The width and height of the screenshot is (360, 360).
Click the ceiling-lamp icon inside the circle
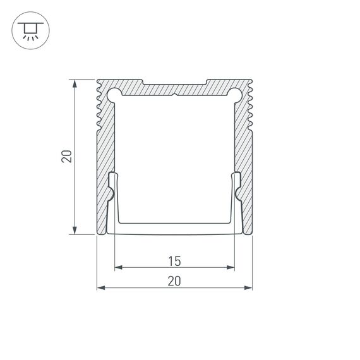click(x=29, y=30)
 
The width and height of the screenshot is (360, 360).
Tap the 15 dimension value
click(x=174, y=260)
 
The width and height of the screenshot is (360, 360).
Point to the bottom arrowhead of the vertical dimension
click(x=75, y=231)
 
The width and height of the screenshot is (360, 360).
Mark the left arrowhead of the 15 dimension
click(x=118, y=267)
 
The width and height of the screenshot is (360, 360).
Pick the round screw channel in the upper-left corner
click(x=114, y=95)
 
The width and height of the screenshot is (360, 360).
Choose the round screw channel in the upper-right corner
click(x=235, y=95)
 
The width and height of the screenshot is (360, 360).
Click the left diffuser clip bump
click(x=112, y=193)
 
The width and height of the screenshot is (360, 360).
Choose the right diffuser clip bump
click(x=237, y=193)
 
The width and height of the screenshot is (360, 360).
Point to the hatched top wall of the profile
click(x=174, y=88)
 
